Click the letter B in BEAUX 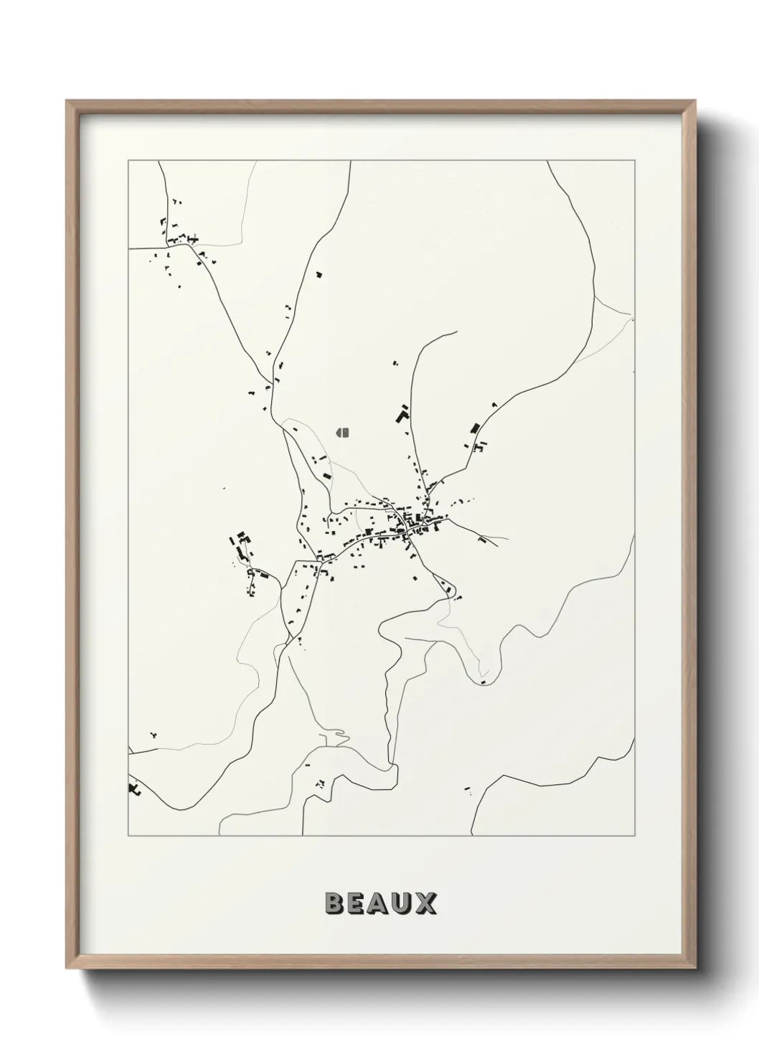tap(335, 903)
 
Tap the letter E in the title tap(357, 903)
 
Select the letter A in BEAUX tap(380, 903)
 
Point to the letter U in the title tap(403, 903)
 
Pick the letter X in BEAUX tap(426, 903)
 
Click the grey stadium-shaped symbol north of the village tap(341, 432)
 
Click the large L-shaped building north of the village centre tap(403, 415)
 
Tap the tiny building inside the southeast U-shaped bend tap(484, 682)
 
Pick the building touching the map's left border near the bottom tap(133, 789)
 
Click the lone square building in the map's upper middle tap(319, 273)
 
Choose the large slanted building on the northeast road tap(473, 428)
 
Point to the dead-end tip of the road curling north tap(456, 332)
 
